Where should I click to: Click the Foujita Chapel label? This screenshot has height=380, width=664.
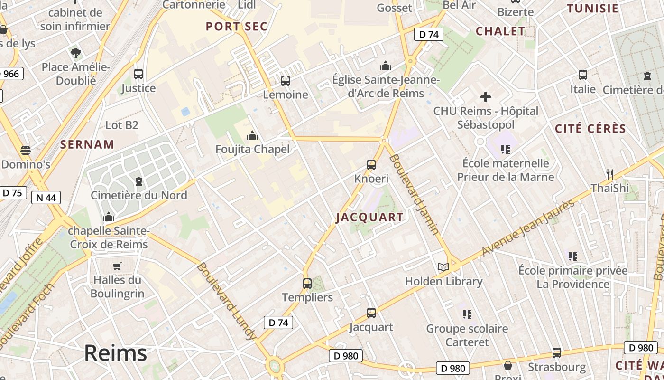[x=252, y=149]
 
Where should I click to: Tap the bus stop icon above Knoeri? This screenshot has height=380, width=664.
[x=371, y=165]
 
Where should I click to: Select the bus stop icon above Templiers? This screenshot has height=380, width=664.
[x=307, y=284]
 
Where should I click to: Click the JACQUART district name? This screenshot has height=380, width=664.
[x=369, y=218]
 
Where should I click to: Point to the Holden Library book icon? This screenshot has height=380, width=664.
[x=443, y=267]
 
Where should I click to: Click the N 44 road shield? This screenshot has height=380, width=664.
[x=46, y=197]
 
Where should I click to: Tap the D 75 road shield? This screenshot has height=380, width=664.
[x=12, y=193]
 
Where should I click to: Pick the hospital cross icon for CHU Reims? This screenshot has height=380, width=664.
[x=486, y=97]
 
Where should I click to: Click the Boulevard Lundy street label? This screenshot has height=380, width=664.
[x=226, y=301]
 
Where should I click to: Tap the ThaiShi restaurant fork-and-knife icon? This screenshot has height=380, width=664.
[x=610, y=174]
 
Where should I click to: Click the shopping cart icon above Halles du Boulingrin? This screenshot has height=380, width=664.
[x=117, y=266]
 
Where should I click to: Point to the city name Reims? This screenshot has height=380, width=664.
[x=116, y=353]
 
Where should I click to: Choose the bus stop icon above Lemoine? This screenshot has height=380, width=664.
[x=286, y=81]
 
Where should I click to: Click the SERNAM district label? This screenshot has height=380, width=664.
[x=87, y=144]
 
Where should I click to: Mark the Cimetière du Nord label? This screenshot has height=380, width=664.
[x=139, y=195]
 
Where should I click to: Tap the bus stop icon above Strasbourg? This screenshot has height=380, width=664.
[x=557, y=353]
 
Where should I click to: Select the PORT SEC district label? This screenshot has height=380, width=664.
[x=237, y=27]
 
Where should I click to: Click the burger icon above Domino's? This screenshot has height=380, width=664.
[x=26, y=151]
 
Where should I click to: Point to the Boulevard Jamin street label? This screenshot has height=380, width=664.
[x=414, y=194]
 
